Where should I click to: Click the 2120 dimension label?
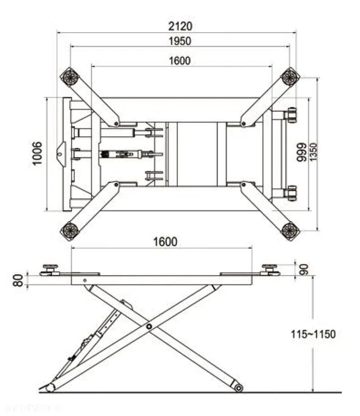(180, 26)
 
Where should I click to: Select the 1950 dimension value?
(180, 41)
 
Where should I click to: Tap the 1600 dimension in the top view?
(180, 61)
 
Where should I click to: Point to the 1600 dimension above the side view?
(165, 242)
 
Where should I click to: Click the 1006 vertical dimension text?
(37, 154)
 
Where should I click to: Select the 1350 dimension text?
(313, 152)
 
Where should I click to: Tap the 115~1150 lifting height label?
(313, 334)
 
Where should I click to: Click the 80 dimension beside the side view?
(18, 281)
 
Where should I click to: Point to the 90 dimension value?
(304, 269)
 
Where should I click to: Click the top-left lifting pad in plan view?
(69, 77)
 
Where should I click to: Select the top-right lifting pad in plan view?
(290, 77)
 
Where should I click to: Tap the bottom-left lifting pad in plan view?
(70, 230)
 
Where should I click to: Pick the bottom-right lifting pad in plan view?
(290, 230)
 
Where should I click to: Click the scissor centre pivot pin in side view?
(149, 326)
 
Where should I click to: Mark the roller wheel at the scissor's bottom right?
(239, 387)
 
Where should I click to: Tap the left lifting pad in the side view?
(50, 270)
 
